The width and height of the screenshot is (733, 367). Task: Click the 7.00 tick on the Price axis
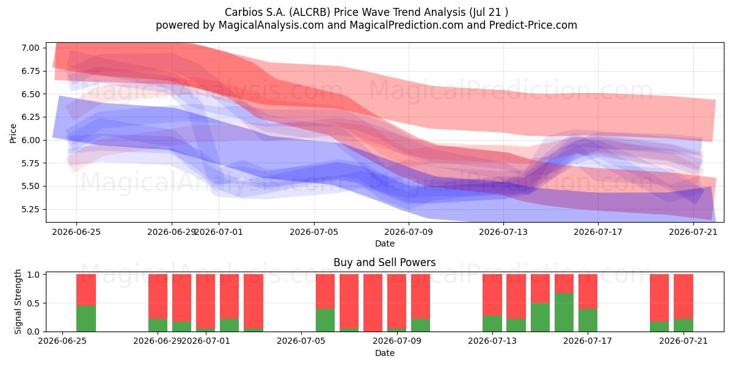[30, 48]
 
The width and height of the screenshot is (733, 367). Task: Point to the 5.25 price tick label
[30, 209]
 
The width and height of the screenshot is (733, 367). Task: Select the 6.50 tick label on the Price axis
[30, 94]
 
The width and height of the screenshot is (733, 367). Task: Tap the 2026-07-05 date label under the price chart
[314, 232]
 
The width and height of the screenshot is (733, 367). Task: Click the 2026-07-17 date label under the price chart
[598, 232]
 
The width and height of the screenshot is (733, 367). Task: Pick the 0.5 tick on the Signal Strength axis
[33, 303]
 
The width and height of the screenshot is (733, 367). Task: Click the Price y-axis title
[13, 133]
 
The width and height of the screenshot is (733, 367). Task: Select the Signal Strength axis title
[18, 302]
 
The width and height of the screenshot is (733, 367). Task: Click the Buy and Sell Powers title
[384, 262]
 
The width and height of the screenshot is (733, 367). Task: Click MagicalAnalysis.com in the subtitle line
[271, 25]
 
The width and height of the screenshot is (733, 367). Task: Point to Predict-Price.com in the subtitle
[533, 25]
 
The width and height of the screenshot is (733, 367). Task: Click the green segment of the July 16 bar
[564, 313]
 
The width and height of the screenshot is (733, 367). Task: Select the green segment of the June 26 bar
[86, 319]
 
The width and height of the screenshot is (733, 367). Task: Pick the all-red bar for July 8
[373, 303]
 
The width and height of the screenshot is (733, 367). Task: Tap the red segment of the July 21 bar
[684, 296]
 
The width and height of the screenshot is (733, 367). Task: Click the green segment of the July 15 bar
[540, 317]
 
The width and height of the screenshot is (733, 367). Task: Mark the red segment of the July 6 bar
[325, 291]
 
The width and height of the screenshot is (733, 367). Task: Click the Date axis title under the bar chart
[384, 354]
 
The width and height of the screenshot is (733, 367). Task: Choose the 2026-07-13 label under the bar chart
[492, 341]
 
